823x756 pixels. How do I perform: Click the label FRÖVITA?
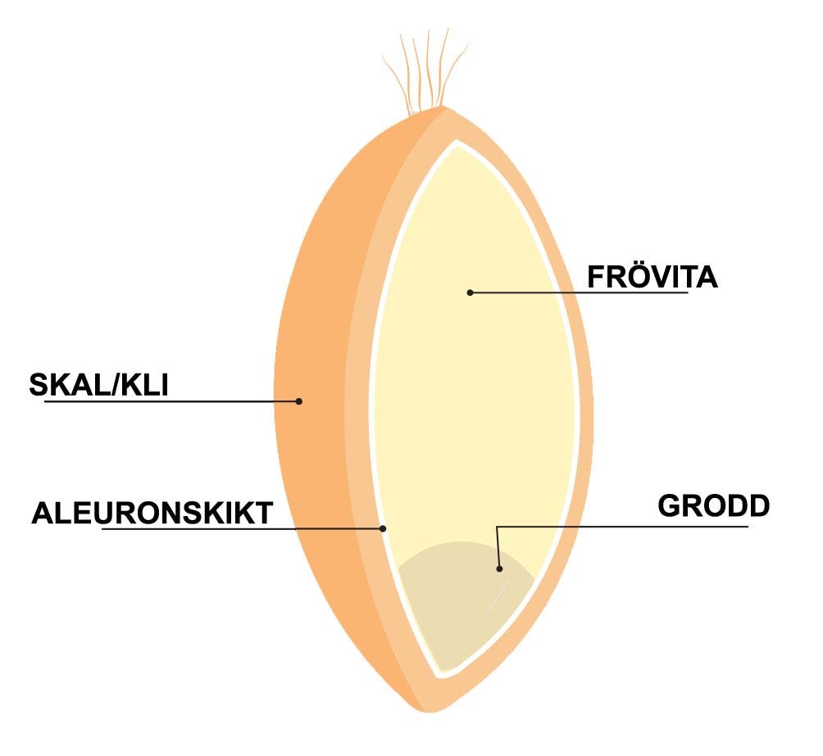[x=652, y=277]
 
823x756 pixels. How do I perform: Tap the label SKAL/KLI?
[x=98, y=384]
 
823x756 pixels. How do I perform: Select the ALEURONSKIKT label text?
[x=152, y=514]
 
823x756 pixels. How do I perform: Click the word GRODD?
[x=714, y=505]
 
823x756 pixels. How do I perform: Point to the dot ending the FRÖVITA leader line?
[x=470, y=292]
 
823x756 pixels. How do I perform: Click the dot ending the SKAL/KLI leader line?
[x=299, y=401]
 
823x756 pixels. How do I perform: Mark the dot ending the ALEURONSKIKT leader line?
[x=383, y=529]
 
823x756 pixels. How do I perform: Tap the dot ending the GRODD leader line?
[x=499, y=567]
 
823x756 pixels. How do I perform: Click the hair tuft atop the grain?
[x=425, y=70]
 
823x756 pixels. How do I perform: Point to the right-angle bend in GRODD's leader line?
[x=498, y=527]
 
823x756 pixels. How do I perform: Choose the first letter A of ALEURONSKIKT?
[x=42, y=514]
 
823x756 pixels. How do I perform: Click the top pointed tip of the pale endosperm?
[x=460, y=144]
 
